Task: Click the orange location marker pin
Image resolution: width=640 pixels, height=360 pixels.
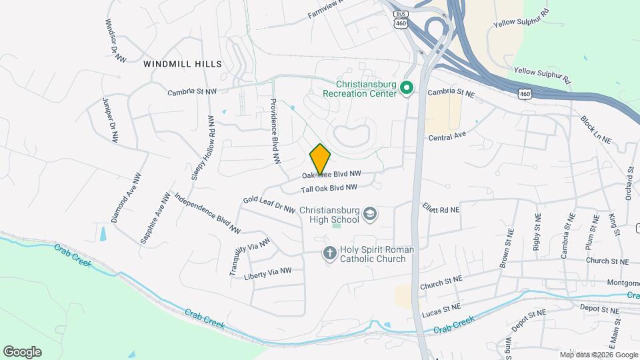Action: coord(320,158)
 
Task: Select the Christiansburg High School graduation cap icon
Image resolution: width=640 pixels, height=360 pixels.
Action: coord(370,215)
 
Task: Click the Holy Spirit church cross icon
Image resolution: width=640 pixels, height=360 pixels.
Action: coord(329,253)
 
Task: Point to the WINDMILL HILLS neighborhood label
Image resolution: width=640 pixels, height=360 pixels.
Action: coord(183,64)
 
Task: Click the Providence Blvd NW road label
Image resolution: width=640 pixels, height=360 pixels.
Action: coord(274,131)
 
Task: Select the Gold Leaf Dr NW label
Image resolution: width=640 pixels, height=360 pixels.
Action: coord(269,204)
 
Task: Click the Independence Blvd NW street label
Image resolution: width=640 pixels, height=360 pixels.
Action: coord(207,213)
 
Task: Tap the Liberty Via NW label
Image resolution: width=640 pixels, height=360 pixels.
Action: coord(268,271)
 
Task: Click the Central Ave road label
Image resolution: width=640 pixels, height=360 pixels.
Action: coord(447,137)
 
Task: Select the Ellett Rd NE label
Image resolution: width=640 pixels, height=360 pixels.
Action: coord(441,209)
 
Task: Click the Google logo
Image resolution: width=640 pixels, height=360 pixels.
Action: coord(22,352)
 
